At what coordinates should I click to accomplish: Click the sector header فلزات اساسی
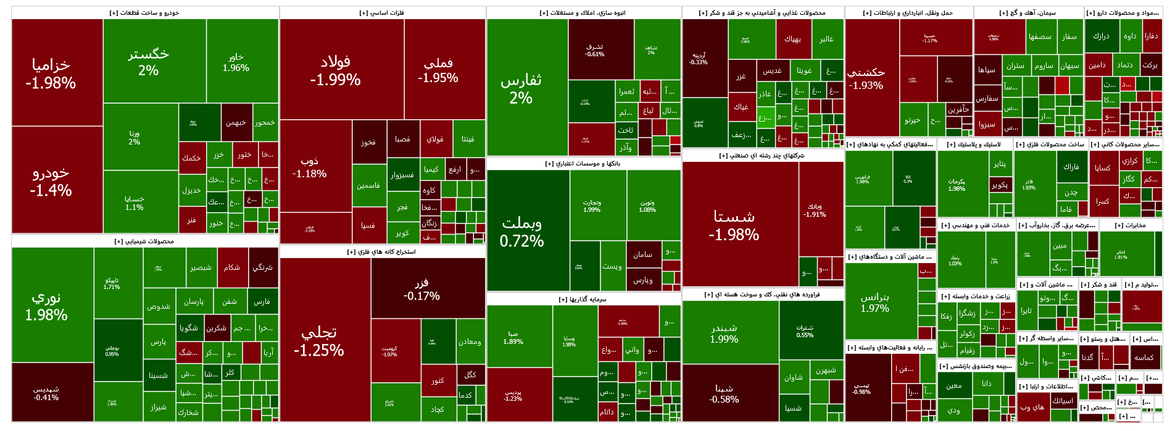pos(382,13)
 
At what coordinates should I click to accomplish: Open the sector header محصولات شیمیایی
pos(144,241)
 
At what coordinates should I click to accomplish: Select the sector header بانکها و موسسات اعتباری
pos(583,164)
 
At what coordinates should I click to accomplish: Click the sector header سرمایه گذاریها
pos(583,299)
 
